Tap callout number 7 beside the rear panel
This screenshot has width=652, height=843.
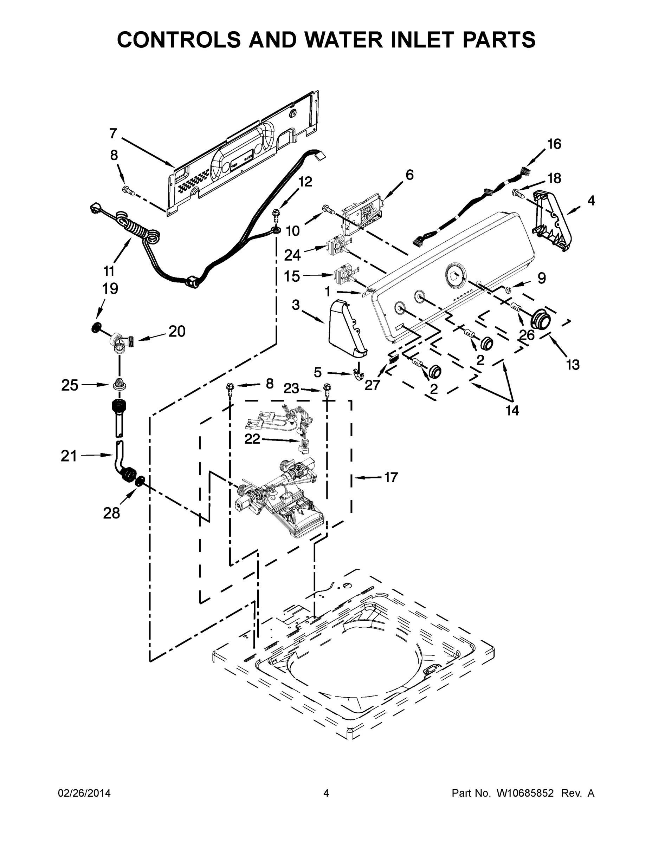pyautogui.click(x=113, y=133)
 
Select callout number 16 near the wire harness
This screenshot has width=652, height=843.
pyautogui.click(x=554, y=144)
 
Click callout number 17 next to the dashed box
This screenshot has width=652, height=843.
pyautogui.click(x=391, y=477)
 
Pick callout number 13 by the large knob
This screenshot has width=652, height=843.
pyautogui.click(x=573, y=364)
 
